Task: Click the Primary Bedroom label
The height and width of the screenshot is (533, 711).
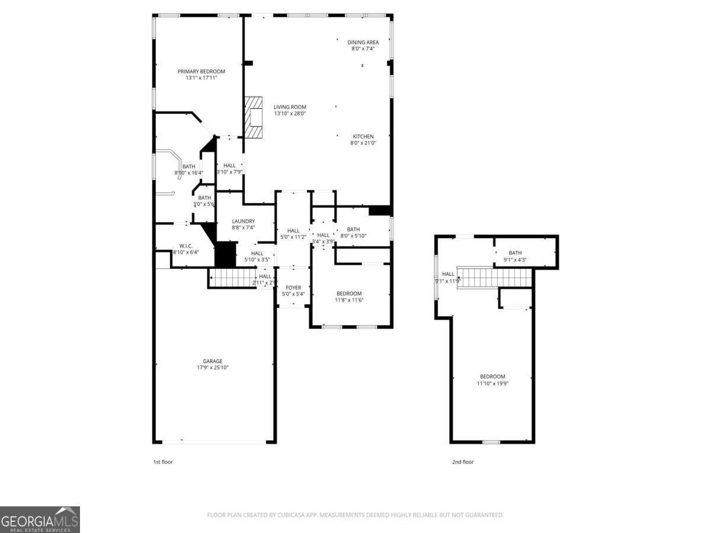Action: (x=201, y=72)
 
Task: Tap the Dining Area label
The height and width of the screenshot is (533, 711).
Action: (x=363, y=42)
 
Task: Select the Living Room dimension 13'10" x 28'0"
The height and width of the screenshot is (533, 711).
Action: (x=290, y=114)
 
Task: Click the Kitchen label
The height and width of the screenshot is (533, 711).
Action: (x=363, y=137)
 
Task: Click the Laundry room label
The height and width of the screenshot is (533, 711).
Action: (x=243, y=221)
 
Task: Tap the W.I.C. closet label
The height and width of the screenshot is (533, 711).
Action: (x=185, y=245)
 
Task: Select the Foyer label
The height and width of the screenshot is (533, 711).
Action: (x=293, y=288)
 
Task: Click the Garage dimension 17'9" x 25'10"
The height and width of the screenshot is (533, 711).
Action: (x=213, y=368)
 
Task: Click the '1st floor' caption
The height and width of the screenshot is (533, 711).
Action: (x=163, y=462)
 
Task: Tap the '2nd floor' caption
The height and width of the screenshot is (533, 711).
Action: (x=463, y=462)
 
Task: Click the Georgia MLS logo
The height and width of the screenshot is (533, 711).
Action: (x=40, y=519)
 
